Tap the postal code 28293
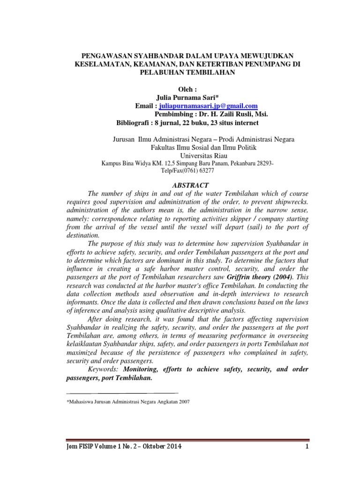point(262,164)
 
